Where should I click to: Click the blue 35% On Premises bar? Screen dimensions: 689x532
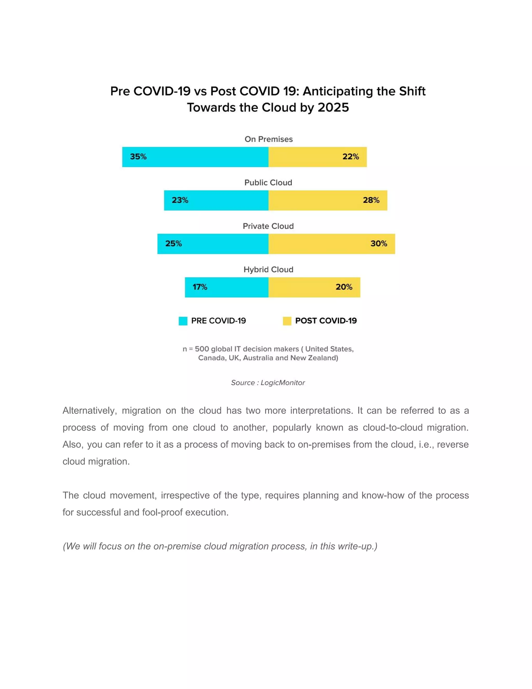(195, 157)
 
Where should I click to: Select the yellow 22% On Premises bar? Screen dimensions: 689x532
(317, 157)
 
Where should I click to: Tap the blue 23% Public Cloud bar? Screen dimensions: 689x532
(216, 200)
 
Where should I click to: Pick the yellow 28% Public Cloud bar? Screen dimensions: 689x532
(328, 200)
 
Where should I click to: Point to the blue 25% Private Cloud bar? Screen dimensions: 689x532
(213, 244)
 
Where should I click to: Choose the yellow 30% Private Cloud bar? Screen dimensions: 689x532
(331, 244)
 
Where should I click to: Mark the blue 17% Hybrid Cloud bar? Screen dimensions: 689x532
(227, 287)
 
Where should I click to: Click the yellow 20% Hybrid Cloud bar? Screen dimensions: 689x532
(314, 287)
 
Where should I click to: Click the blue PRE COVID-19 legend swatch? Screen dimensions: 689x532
(183, 321)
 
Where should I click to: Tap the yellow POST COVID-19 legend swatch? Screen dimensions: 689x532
(287, 321)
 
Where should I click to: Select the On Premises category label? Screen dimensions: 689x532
(269, 139)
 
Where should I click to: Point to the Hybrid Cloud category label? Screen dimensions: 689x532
(269, 269)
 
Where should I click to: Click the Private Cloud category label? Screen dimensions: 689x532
(268, 226)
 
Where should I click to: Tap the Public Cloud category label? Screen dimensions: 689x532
(268, 183)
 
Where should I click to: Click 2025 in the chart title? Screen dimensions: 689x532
(333, 108)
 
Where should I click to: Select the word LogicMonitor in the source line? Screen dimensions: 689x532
(283, 383)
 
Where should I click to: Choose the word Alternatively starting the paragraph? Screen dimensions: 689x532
(90, 411)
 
